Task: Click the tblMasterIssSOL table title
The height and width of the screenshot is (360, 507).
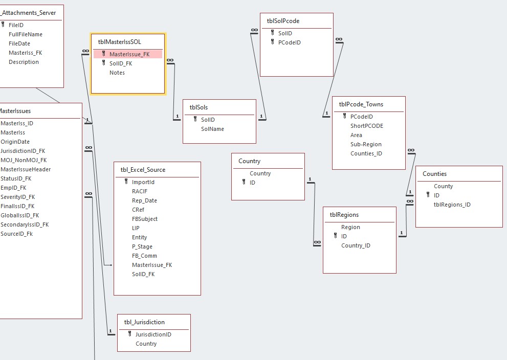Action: tap(120, 42)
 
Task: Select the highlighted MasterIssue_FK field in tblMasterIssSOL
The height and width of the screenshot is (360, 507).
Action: tap(129, 54)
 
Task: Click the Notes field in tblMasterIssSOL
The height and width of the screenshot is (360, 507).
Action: tap(117, 73)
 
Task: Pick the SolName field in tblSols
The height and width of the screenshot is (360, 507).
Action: tap(212, 129)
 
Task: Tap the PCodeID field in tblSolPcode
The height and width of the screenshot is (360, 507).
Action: tap(290, 42)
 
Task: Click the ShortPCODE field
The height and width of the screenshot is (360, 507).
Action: tap(367, 126)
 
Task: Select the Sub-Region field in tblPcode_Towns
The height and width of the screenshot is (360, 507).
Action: tap(366, 144)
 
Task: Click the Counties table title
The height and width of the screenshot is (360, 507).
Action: tap(434, 174)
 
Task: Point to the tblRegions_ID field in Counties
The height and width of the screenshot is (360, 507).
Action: tap(452, 205)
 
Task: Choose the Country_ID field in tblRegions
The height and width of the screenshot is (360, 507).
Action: tap(356, 245)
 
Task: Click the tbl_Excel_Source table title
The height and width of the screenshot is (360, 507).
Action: tap(143, 170)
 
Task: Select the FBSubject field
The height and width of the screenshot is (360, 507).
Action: tap(145, 219)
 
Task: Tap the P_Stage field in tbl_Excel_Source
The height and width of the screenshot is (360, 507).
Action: tap(142, 246)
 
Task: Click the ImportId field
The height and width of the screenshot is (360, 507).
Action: tap(143, 182)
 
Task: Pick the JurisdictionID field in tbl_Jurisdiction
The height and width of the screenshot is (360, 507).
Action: tap(153, 334)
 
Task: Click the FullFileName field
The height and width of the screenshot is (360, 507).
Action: tap(26, 34)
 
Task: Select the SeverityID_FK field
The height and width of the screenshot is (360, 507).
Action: tap(18, 197)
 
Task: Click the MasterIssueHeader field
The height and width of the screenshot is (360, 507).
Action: tap(26, 169)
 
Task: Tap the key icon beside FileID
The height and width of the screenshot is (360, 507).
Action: tap(3, 25)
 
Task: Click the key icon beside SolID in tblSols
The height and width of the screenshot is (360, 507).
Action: tap(195, 119)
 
